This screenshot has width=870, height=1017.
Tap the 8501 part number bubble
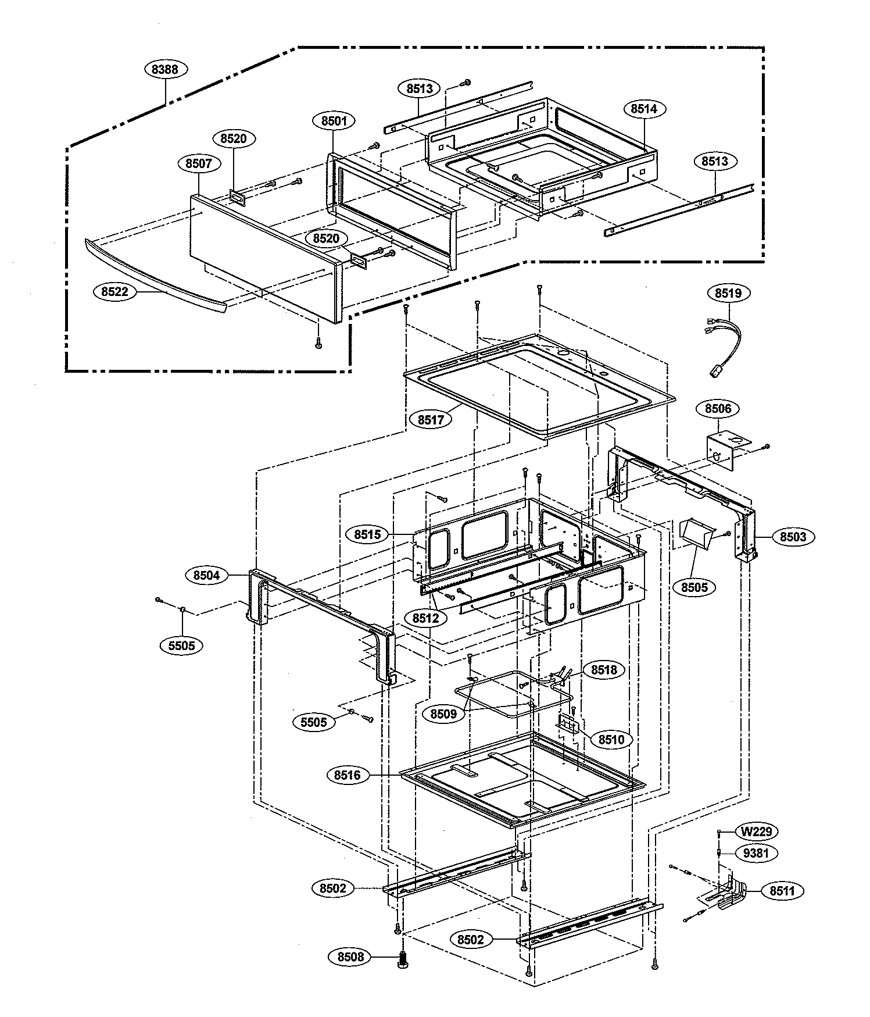point(334,121)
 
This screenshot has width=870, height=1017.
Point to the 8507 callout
point(199,164)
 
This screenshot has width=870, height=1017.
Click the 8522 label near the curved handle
point(114,292)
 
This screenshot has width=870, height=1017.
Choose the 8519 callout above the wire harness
point(728,292)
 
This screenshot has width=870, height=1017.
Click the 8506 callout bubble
point(718,409)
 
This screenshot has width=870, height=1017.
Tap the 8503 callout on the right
point(793,537)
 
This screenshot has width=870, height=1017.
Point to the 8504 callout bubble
point(207,575)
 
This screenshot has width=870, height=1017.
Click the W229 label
point(756,832)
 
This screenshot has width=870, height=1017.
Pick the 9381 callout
point(756,854)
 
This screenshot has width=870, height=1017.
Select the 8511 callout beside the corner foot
point(782,890)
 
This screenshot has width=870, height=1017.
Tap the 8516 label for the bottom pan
point(348,775)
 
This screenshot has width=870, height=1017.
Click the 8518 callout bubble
point(604,670)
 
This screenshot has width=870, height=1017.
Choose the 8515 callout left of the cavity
point(367,534)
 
